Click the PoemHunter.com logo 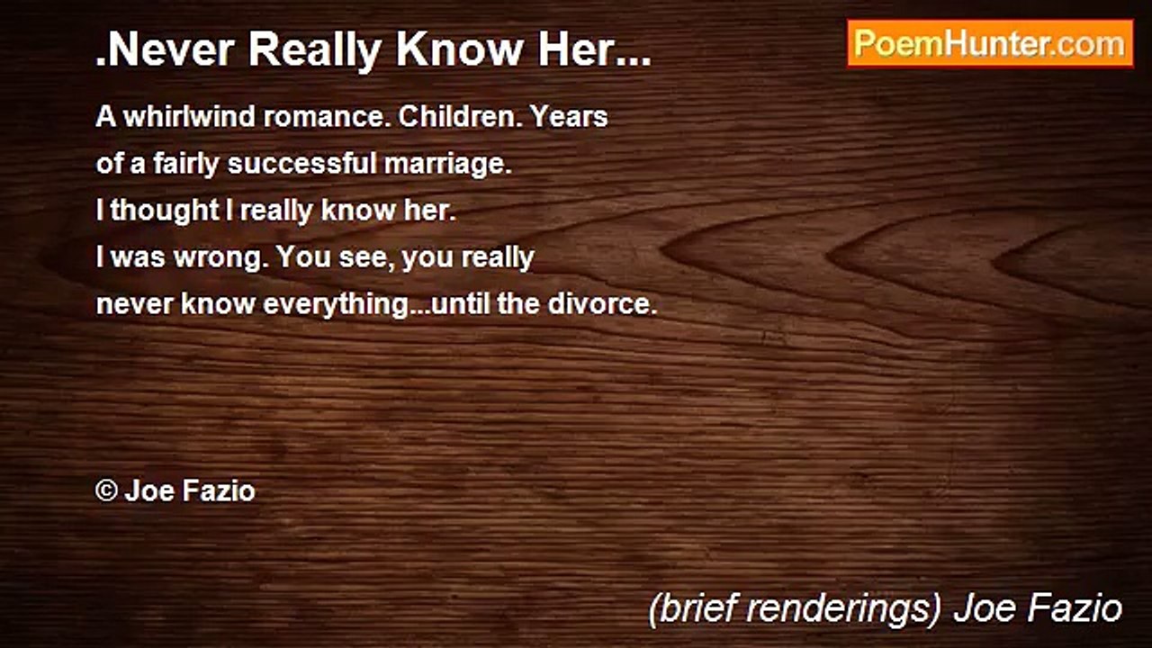(990, 43)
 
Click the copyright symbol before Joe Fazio (106, 491)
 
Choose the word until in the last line (462, 304)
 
